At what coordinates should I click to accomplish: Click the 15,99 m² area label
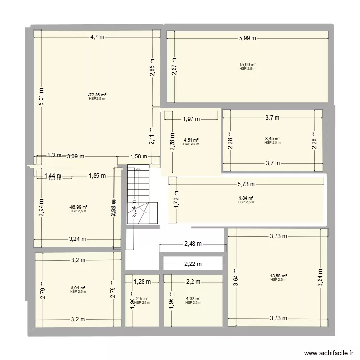[248, 65]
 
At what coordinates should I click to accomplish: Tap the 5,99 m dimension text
[248, 39]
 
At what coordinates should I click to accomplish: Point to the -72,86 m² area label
[96, 95]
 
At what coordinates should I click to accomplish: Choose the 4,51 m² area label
[191, 141]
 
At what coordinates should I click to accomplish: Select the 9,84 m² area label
[246, 198]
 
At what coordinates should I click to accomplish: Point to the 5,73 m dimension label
[247, 184]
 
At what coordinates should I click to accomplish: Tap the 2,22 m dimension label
[192, 264]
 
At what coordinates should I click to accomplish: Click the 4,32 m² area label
[192, 299]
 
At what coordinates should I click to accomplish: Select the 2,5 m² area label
[142, 299]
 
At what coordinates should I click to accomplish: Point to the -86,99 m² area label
[78, 207]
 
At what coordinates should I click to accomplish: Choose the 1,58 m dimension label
[139, 156]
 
